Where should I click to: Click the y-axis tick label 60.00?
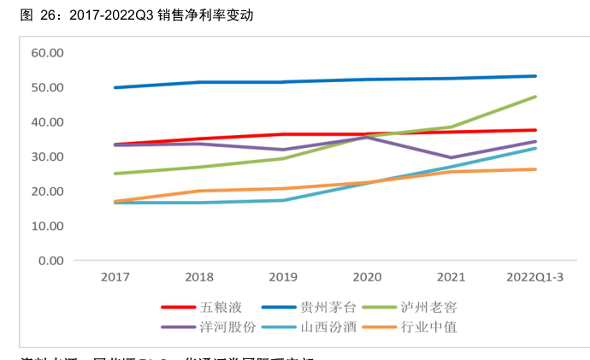[x=48, y=53]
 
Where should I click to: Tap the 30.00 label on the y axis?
[x=48, y=157]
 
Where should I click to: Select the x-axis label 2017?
[x=115, y=277]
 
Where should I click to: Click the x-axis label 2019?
[x=283, y=277]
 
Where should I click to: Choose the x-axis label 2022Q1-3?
[x=535, y=277]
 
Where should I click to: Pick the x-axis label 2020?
[x=367, y=277]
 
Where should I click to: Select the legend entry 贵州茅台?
[x=322, y=307]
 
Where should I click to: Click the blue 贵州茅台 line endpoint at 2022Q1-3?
[x=535, y=76]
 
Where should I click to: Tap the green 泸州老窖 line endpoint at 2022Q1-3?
[x=535, y=97]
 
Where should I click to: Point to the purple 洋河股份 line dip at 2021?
[x=451, y=157]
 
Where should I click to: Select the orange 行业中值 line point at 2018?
[x=198, y=191]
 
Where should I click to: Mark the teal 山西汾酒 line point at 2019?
[x=283, y=200]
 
